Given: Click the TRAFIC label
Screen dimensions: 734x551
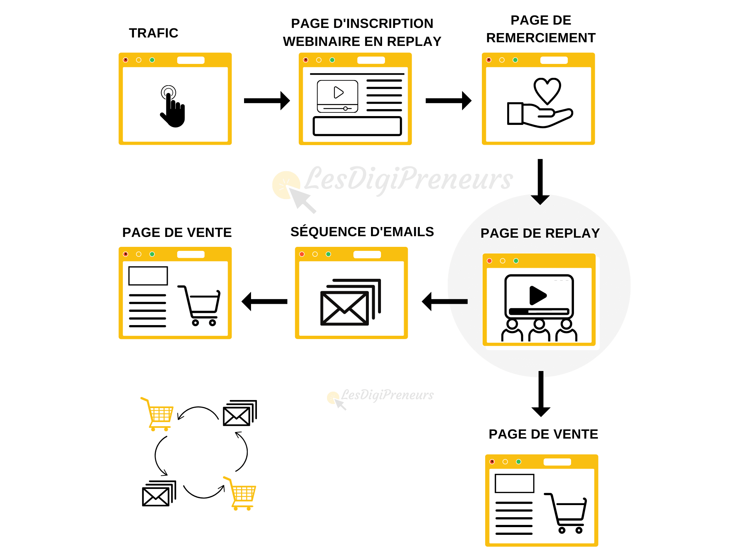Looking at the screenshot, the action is [153, 33].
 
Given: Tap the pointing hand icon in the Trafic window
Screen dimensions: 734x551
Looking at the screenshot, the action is [172, 107].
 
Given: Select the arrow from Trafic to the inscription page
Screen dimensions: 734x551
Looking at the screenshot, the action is [267, 101].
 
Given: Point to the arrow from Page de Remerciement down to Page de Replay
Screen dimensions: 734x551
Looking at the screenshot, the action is [540, 182].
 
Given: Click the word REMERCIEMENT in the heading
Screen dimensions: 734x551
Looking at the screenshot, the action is [541, 38].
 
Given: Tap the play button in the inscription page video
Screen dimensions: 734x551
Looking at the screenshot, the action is [338, 92].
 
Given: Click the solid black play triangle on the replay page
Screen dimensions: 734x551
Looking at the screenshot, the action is [538, 295].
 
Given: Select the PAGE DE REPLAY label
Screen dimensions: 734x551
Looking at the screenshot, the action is [540, 233].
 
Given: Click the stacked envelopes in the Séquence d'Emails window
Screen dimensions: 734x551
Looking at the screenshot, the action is [350, 302].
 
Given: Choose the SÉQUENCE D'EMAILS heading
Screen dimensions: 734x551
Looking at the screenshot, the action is [362, 232].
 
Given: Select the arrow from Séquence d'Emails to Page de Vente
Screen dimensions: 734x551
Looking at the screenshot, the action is [264, 302].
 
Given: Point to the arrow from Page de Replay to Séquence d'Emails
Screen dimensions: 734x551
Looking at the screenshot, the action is [445, 302].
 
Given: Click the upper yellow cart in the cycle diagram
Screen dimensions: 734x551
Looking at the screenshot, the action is [157, 414].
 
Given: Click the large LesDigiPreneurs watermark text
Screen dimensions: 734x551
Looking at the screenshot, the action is [408, 179].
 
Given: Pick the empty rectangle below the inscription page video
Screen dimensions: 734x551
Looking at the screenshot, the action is [357, 126].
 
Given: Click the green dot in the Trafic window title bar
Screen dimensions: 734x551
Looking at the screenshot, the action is [152, 60].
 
